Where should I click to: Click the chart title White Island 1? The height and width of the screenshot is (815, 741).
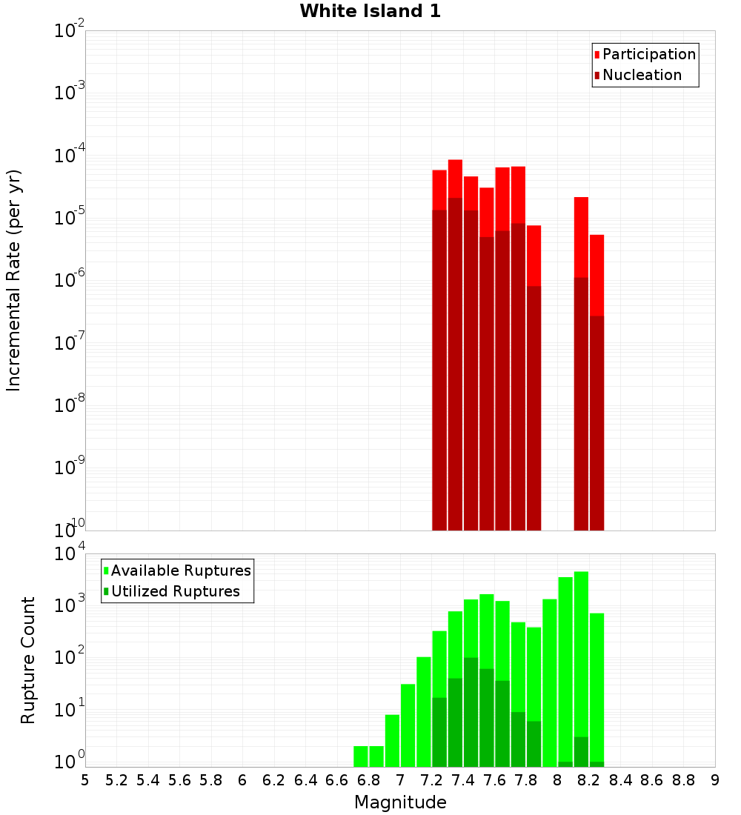370,11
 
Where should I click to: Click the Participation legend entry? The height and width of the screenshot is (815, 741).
648,54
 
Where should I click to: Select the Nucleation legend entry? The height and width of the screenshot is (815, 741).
641,75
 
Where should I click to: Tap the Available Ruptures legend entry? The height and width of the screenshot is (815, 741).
180,570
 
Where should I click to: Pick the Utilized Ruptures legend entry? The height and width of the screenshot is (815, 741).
175,591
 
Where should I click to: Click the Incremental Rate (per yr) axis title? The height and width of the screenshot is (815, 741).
14,280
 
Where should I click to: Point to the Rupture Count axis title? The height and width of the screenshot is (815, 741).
28,659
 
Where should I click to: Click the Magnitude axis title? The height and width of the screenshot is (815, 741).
400,802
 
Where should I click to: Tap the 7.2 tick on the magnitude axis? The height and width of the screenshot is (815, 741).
431,780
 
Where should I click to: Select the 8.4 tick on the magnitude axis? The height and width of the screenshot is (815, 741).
620,780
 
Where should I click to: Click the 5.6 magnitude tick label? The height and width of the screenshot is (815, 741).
179,780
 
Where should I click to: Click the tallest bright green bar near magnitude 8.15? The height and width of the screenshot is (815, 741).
581,667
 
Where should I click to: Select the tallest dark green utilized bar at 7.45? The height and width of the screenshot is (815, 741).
471,711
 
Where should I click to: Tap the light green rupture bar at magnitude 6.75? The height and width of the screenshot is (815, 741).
361,756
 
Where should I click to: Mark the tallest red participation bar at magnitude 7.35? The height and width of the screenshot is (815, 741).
455,178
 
